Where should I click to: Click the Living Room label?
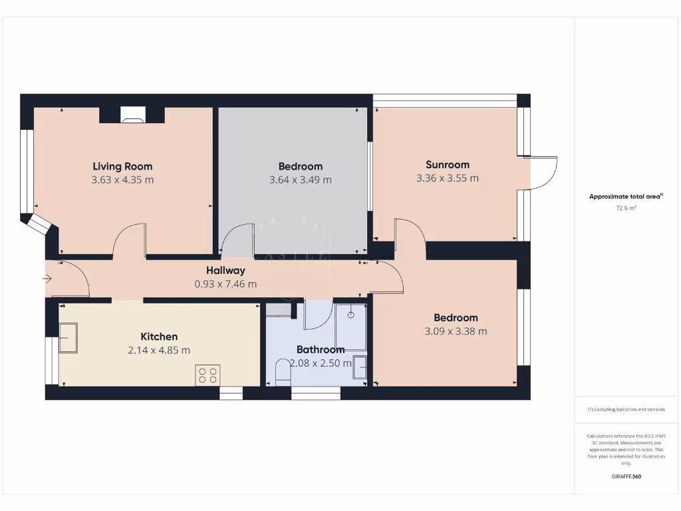[x=122, y=166]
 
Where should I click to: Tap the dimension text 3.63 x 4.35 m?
[x=122, y=180]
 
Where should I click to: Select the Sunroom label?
[x=448, y=164]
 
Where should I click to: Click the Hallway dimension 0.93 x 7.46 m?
[x=225, y=284]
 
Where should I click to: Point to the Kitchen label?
[x=159, y=337]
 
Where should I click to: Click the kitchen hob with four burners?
[x=207, y=375]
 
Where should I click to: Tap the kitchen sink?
[x=68, y=337]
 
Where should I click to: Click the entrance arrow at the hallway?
[x=47, y=279]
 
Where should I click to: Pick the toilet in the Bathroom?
[x=283, y=372]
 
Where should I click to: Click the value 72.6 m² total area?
[x=626, y=208]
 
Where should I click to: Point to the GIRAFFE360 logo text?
[x=626, y=476]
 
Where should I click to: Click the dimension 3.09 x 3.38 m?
[x=456, y=331]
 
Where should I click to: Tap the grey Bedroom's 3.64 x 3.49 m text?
[x=300, y=180]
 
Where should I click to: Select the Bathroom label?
[x=321, y=349]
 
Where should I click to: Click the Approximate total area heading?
[x=625, y=196]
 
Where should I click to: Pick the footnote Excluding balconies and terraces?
[x=626, y=409]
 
